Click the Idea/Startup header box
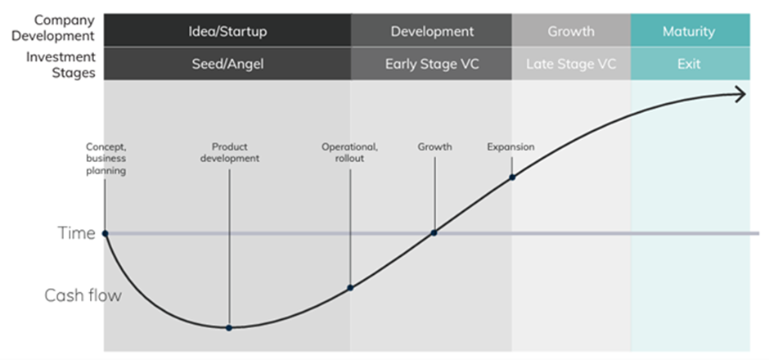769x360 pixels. click(x=227, y=30)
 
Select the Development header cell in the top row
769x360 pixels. click(x=432, y=30)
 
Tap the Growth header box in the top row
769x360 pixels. click(x=571, y=30)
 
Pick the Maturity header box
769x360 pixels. click(x=690, y=30)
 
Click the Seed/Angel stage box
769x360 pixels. click(x=227, y=64)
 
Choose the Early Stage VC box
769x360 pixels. click(x=432, y=64)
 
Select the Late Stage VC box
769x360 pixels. click(x=571, y=64)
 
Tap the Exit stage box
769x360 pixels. click(x=690, y=64)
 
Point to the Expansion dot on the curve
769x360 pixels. click(x=512, y=177)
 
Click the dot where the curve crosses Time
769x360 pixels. click(x=434, y=233)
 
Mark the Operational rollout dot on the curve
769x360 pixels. click(x=350, y=287)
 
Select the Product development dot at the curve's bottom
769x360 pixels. click(x=229, y=327)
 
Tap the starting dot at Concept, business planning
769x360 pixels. click(x=105, y=233)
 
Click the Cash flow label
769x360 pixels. click(x=83, y=295)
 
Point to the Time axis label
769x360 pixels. click(x=76, y=233)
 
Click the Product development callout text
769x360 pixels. click(x=230, y=152)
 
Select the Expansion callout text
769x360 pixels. click(x=510, y=147)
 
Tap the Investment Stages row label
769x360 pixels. click(x=61, y=65)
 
